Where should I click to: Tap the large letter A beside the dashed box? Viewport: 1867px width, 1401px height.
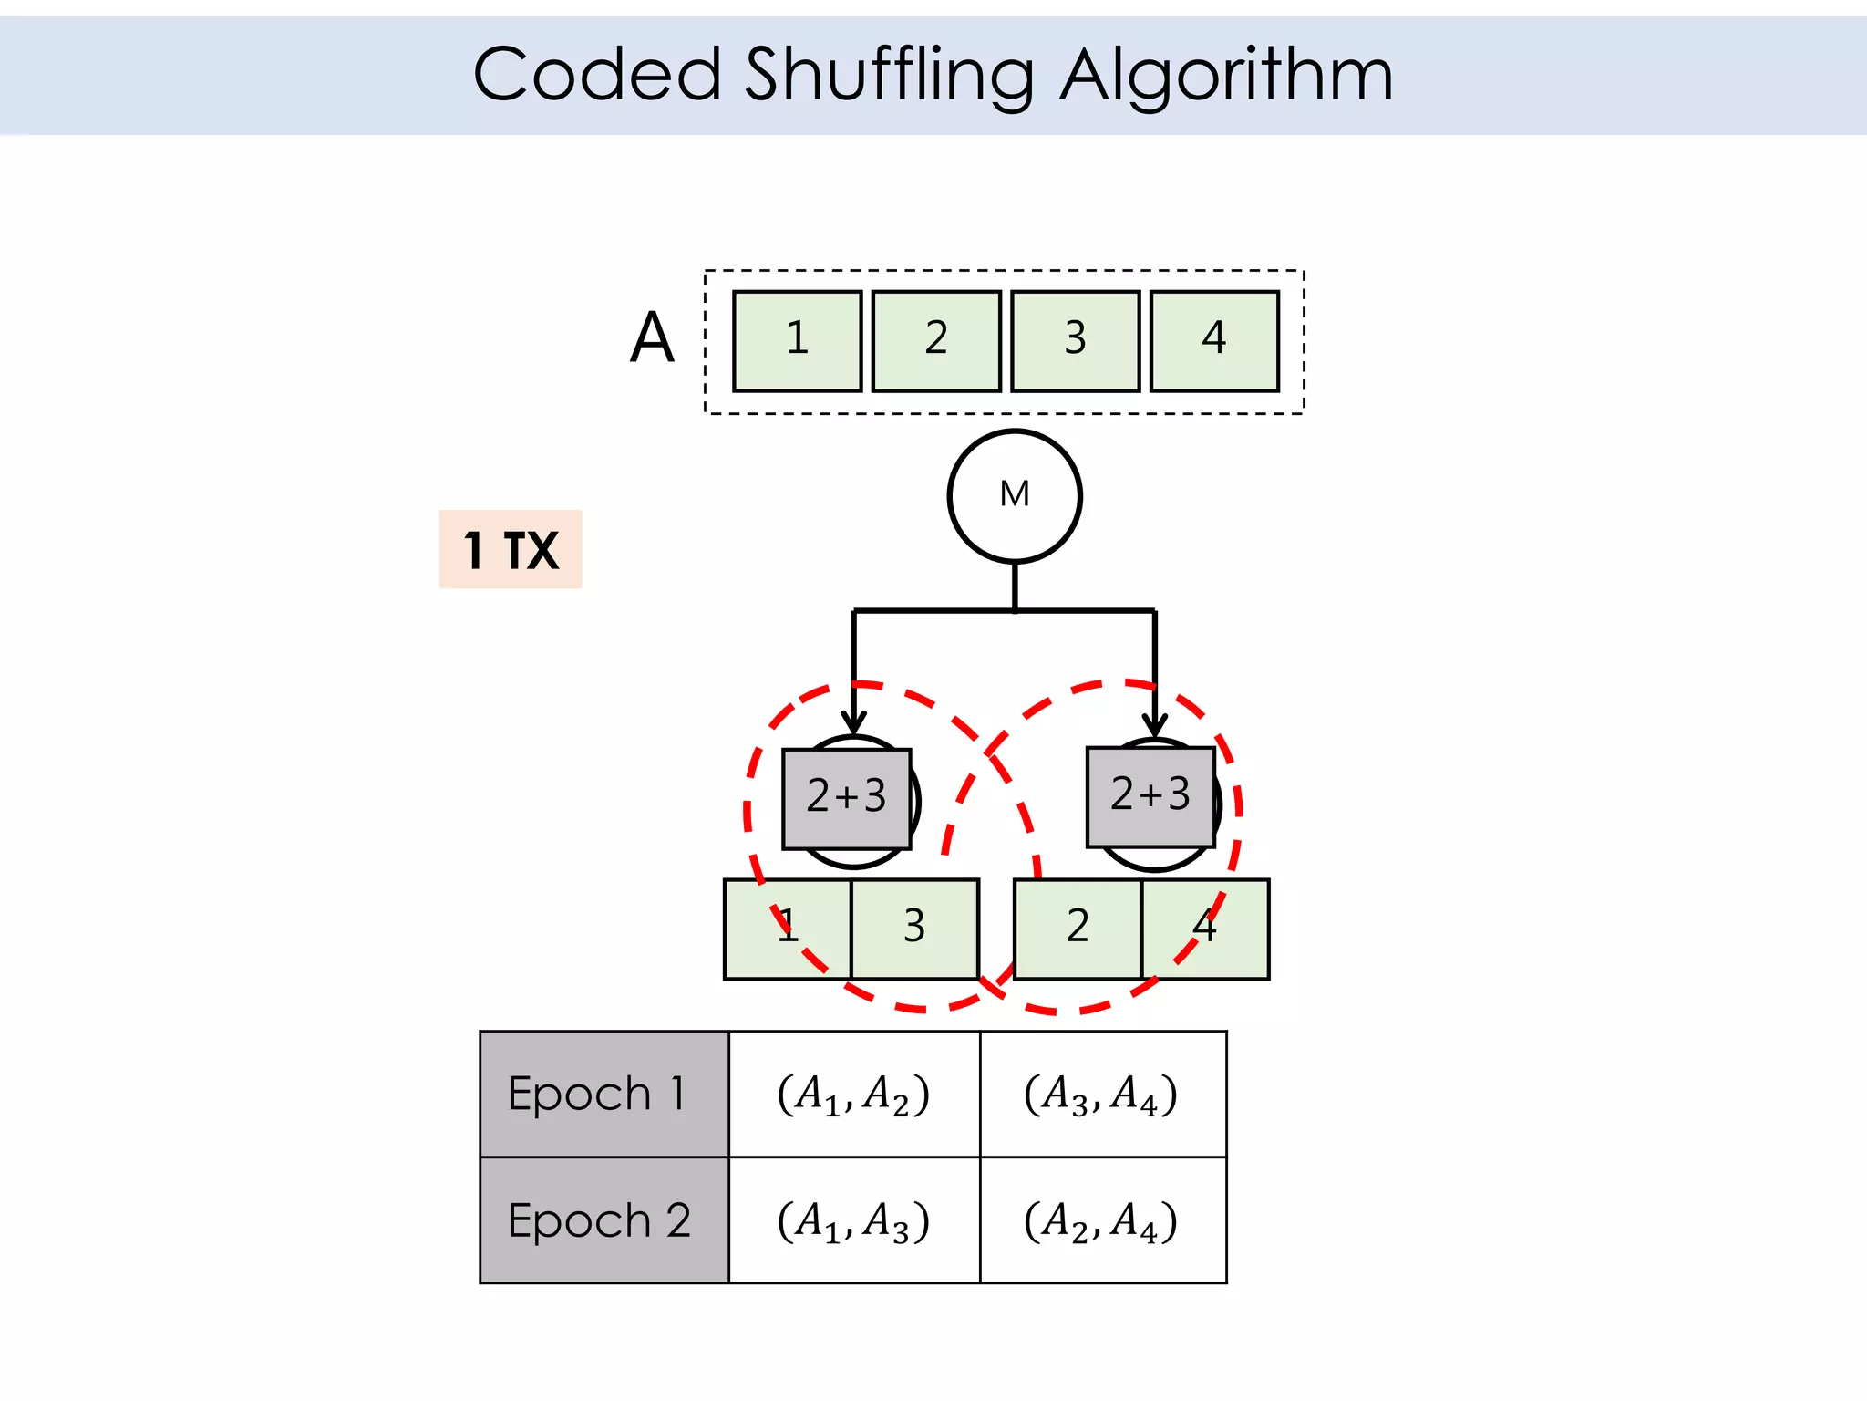652,338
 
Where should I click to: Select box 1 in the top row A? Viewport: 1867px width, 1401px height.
797,341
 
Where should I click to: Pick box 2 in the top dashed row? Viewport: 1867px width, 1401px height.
936,341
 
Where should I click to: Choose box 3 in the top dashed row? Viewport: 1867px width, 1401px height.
1076,341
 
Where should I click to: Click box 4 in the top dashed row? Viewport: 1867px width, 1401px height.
1214,341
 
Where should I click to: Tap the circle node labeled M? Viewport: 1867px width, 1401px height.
1015,496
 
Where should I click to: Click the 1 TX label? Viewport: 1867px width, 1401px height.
511,549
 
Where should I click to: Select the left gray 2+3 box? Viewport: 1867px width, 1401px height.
846,798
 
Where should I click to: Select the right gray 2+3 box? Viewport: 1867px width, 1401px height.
1150,796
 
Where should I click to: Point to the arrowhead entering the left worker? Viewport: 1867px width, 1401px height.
853,722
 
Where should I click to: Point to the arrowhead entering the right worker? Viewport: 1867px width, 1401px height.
1155,724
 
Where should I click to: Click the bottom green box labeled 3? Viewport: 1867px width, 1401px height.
914,929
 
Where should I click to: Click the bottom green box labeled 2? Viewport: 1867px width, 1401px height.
1078,929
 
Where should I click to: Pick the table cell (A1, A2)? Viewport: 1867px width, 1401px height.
854,1094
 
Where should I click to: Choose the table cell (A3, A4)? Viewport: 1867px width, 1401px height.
1102,1094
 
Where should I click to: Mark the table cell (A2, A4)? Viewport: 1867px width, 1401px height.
1102,1220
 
